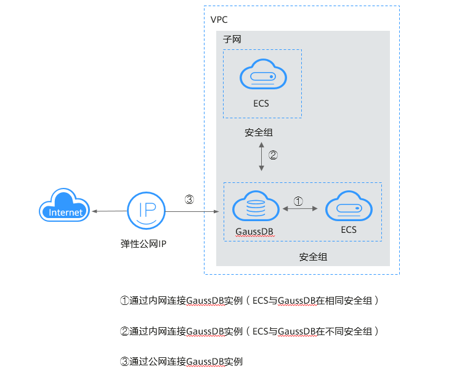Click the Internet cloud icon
65,208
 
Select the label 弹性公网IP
144,243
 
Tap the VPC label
219,20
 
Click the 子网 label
232,39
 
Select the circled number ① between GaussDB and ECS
298,201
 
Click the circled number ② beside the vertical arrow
273,155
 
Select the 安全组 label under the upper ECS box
258,132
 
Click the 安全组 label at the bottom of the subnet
313,256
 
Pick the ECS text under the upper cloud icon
261,103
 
